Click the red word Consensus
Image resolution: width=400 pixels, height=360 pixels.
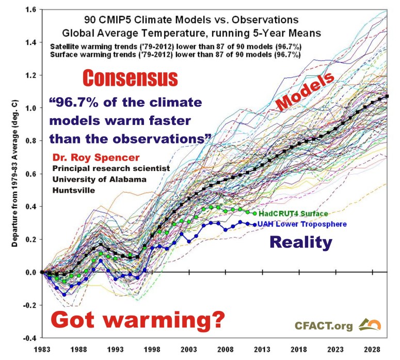[131, 79]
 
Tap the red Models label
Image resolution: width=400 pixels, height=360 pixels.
[306, 91]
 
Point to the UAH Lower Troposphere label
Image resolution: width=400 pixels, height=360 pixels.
[302, 224]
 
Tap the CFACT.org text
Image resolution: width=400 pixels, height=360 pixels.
[323, 326]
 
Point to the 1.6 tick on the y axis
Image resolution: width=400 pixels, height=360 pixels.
[31, 9]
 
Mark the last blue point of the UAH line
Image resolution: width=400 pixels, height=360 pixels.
[254, 224]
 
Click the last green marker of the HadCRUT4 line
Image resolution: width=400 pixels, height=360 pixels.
[254, 213]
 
